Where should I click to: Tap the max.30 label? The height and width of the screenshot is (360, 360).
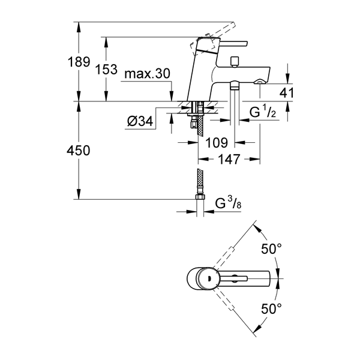[148, 74]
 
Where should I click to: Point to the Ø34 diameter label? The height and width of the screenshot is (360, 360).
[139, 122]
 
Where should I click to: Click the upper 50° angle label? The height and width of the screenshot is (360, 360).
[272, 248]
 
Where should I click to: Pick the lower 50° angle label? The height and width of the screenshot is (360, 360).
[272, 310]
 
